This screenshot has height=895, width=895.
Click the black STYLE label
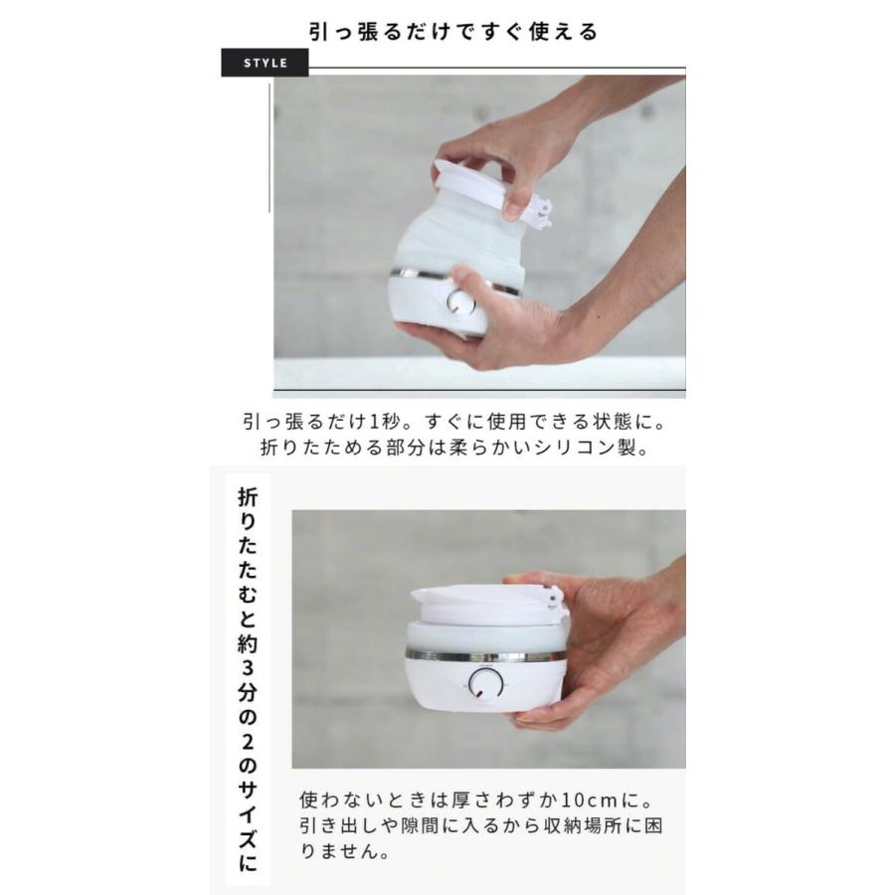265,63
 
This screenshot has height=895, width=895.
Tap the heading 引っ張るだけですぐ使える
452,32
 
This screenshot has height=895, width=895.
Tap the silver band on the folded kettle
477,655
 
